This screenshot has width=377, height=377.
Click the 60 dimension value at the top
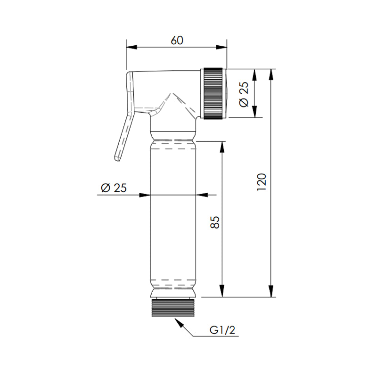[177, 40]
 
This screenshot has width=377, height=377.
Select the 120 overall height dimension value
[262, 182]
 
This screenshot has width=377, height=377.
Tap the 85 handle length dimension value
[215, 222]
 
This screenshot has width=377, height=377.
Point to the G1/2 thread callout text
[222, 330]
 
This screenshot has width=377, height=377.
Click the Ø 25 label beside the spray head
[244, 95]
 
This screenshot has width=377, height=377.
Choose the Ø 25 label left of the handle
[114, 188]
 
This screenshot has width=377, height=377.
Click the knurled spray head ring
[213, 93]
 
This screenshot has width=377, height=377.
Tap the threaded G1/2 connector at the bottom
[172, 307]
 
